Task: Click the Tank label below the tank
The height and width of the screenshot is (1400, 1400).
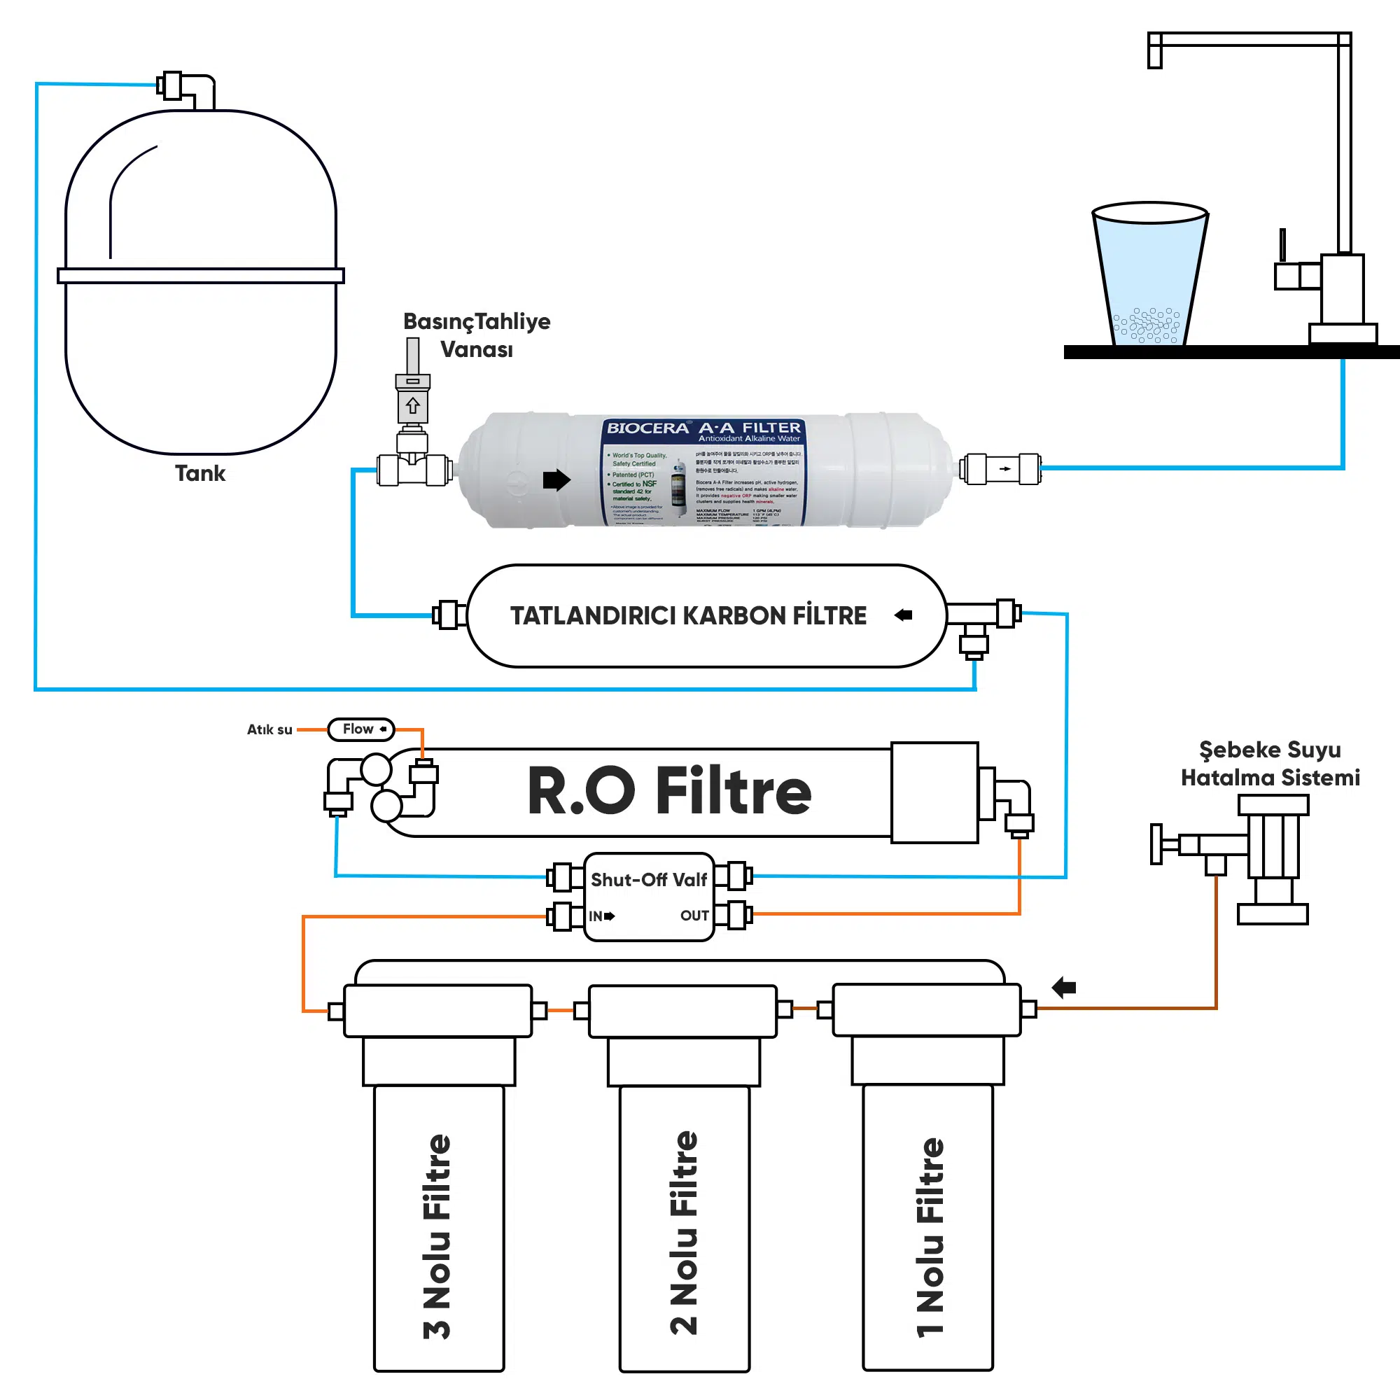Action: (x=200, y=474)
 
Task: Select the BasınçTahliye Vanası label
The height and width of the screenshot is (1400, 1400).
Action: (x=476, y=335)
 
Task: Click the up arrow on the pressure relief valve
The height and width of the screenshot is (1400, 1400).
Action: (x=413, y=406)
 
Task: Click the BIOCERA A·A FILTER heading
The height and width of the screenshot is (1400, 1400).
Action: (x=703, y=428)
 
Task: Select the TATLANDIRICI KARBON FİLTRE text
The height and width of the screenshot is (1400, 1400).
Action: (x=687, y=616)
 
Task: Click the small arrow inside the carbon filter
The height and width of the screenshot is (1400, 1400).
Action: (x=903, y=615)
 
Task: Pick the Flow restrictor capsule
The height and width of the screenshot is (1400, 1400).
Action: (x=361, y=729)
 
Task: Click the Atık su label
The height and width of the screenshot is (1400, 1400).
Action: (x=269, y=729)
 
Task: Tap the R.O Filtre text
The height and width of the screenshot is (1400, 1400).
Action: (x=668, y=791)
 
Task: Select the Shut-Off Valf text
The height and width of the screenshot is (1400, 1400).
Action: (x=649, y=880)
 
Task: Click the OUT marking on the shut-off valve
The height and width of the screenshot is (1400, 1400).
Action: (x=694, y=916)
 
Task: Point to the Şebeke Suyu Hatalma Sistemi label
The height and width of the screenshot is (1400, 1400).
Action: (x=1270, y=764)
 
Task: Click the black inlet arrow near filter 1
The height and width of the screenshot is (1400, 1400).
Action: (x=1064, y=987)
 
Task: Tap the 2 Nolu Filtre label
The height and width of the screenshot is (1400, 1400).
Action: (x=683, y=1233)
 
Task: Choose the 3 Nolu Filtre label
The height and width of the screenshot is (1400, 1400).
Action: (x=437, y=1236)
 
